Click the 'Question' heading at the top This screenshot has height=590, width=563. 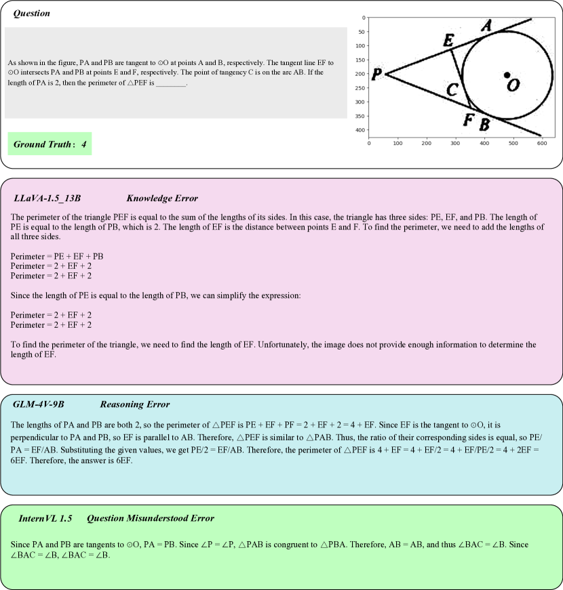(31, 14)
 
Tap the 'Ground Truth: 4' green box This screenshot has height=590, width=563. (50, 144)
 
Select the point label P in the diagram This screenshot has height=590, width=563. (377, 74)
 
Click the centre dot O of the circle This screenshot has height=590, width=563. (507, 75)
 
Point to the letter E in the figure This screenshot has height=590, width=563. (448, 40)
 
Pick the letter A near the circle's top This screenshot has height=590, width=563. (486, 26)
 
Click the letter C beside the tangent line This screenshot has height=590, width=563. (452, 89)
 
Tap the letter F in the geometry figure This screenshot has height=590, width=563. (468, 121)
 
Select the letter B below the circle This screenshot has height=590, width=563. (484, 124)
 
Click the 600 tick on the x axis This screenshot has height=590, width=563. (542, 143)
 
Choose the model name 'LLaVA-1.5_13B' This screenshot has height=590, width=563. (47, 198)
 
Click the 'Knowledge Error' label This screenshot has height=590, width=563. (162, 198)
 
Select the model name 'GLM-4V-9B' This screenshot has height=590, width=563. (39, 404)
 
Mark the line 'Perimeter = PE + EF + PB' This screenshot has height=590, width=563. (57, 256)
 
